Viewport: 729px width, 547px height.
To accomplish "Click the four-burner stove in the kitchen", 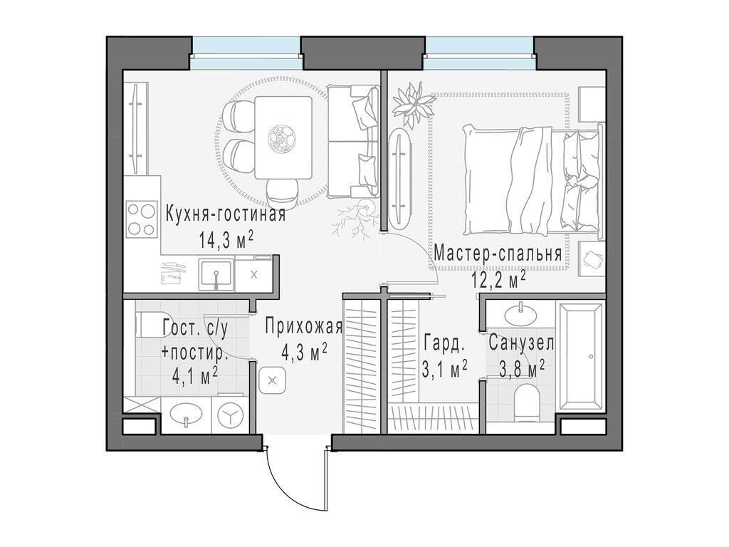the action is point(142,219).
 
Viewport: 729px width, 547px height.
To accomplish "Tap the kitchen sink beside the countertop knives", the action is point(216,274).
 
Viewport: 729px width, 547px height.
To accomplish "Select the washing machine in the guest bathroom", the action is point(230,415).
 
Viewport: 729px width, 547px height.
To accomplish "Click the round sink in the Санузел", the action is point(520,314).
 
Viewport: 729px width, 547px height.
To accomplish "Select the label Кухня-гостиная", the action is point(226,216).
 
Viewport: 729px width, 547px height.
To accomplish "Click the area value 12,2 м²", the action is point(498,281).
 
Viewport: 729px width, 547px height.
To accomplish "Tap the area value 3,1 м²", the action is point(444,370).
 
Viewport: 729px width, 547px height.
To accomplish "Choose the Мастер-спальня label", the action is point(498,254).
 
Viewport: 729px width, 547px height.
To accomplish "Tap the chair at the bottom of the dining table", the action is point(282,194).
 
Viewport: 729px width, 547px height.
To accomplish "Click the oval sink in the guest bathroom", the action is point(186,414).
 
